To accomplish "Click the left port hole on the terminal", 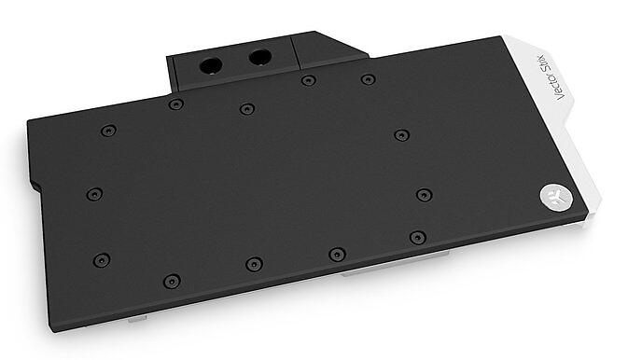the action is (211, 65).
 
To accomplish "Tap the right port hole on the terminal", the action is (259, 57).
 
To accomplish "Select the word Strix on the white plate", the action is (549, 62).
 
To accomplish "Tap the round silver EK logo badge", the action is (556, 197).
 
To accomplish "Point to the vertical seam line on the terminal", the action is (295, 53).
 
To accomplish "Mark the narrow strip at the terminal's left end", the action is (172, 75).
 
